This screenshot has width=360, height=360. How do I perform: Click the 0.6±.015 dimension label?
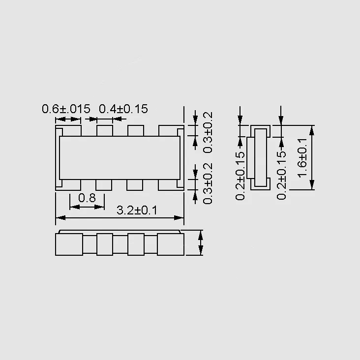(66, 109)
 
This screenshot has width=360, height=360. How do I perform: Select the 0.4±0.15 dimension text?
(123, 109)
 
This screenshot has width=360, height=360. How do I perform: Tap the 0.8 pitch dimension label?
(87, 198)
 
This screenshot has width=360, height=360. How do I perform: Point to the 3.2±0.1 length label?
(137, 210)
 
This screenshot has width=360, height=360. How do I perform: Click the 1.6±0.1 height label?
(302, 157)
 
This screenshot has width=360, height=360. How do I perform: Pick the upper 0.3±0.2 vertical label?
(208, 132)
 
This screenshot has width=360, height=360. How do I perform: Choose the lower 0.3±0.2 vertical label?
(208, 183)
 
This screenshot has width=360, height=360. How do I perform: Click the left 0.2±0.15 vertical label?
(240, 176)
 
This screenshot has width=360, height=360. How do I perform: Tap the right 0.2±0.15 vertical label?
(281, 175)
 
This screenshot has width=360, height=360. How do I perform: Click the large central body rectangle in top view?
(120, 158)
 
